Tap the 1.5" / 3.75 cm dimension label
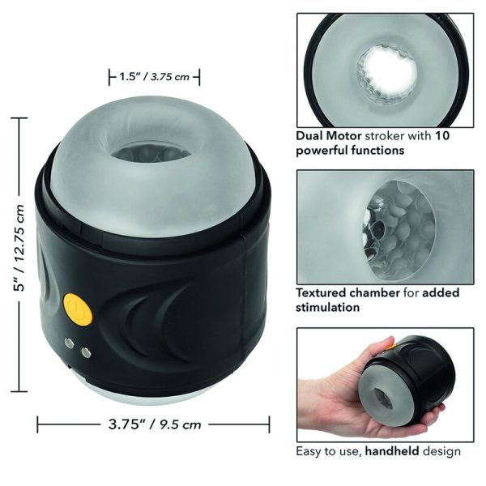point(154,78)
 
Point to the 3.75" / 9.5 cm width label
point(154,423)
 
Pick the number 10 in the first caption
point(442,135)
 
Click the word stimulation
point(327,307)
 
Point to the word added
point(454,292)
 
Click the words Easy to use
point(324,450)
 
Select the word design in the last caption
point(443,450)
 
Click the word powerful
point(324,150)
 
